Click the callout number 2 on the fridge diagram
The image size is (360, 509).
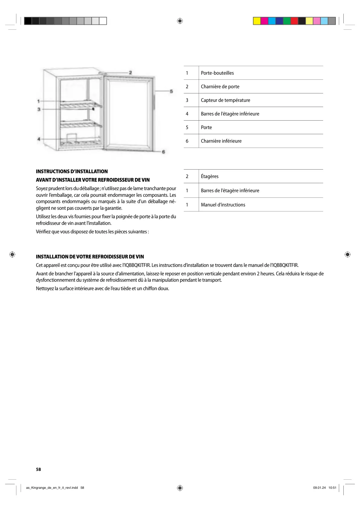[x=130, y=73]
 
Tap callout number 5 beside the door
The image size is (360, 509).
[x=171, y=91]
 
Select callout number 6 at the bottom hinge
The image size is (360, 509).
[x=164, y=152]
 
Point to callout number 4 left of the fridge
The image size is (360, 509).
[x=39, y=139]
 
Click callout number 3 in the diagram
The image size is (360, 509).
[x=39, y=109]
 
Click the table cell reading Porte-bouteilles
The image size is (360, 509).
[x=217, y=73]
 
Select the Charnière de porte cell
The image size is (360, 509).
[x=220, y=86]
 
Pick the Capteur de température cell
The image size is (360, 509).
[x=225, y=100]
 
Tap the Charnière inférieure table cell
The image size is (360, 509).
[x=221, y=141]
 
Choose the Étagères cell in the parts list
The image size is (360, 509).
[x=209, y=176]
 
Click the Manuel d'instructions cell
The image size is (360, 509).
[x=223, y=205]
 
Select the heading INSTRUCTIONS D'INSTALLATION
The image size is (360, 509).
[x=72, y=171]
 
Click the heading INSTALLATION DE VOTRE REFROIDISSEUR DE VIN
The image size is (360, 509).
[x=90, y=257]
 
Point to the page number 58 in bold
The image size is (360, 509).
[x=38, y=469]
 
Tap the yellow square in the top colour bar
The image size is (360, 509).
[x=257, y=21]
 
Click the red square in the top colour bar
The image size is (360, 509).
[x=294, y=21]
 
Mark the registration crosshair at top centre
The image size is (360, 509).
[x=180, y=21]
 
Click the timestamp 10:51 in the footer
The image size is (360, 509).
[x=332, y=488]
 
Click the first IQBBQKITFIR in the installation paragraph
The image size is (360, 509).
[x=137, y=265]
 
